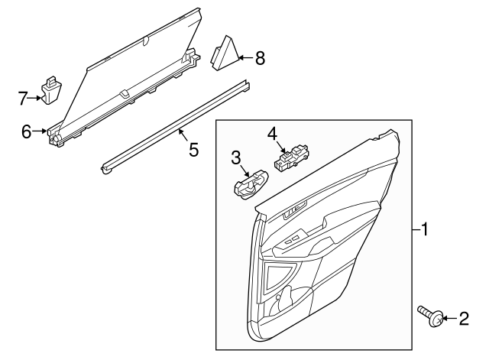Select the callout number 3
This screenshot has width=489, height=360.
[x=237, y=157]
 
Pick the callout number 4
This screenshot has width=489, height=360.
[x=271, y=135]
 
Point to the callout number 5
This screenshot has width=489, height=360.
[x=193, y=149]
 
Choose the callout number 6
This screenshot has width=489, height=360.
[x=27, y=131]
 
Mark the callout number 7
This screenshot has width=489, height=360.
[x=22, y=97]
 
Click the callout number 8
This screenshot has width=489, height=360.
[x=260, y=57]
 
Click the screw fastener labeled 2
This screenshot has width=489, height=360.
[x=429, y=314]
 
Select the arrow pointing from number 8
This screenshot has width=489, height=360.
[x=246, y=57]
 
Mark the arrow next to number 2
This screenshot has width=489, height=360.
[x=450, y=317]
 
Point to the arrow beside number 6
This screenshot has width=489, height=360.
[x=40, y=131]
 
